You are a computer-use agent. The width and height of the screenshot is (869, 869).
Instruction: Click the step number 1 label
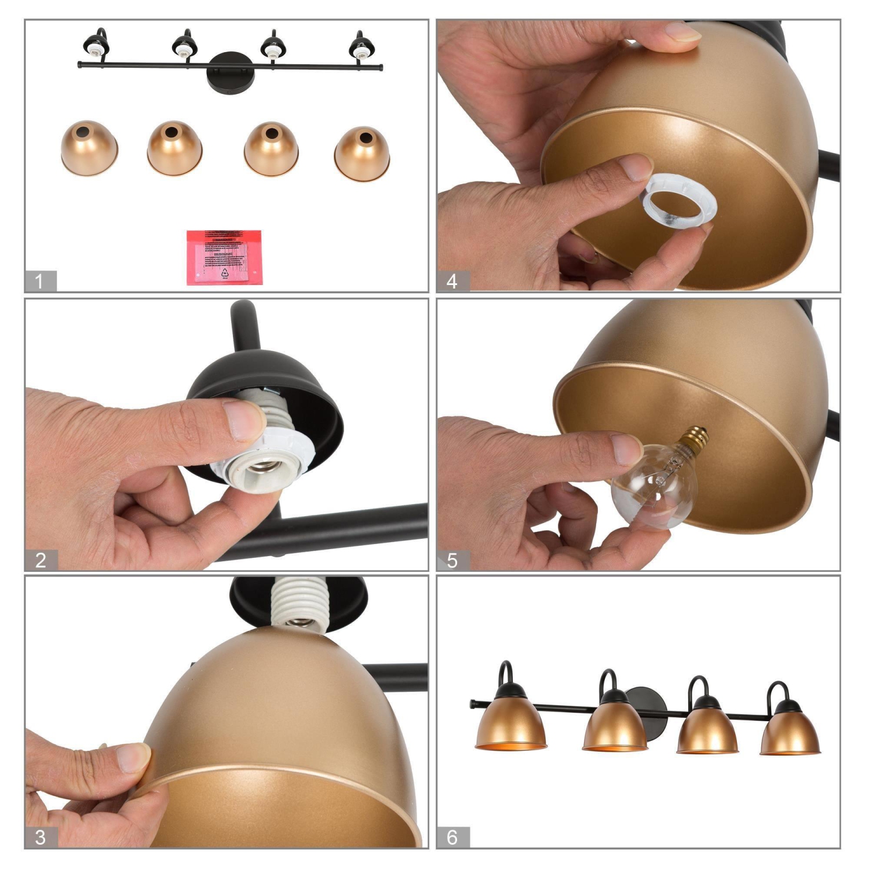click(x=39, y=282)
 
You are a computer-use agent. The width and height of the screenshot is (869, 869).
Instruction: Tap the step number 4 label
click(x=452, y=282)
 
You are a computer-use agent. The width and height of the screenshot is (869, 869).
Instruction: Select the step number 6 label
click(x=452, y=837)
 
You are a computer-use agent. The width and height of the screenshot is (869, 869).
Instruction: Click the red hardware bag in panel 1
click(x=224, y=257)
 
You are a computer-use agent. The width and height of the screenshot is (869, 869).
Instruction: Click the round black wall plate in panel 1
click(x=230, y=72)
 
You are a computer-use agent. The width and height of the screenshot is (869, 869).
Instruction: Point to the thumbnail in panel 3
click(x=133, y=758)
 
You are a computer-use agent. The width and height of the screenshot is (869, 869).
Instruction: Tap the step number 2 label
click(x=41, y=560)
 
